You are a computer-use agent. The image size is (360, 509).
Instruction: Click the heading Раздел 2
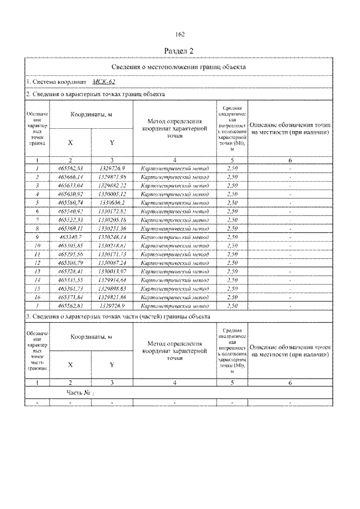tap(179, 51)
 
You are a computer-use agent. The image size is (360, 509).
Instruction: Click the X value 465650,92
tap(70, 193)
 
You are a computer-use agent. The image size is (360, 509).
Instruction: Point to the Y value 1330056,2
tap(112, 201)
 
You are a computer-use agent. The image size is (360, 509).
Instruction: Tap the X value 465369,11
tap(70, 229)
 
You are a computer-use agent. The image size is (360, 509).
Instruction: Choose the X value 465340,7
tap(70, 237)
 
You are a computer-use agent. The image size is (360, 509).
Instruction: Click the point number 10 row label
tap(37, 246)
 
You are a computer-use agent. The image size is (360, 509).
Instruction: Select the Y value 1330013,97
tap(112, 271)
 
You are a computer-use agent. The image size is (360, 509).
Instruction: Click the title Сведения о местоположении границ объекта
tap(179, 66)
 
